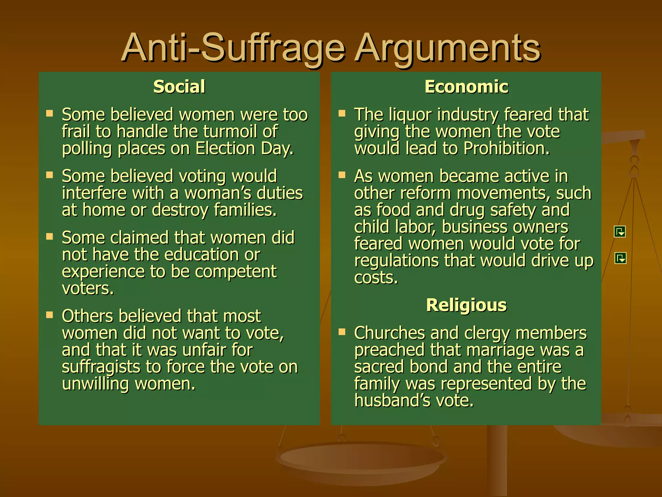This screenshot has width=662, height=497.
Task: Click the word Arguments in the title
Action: pos(447,49)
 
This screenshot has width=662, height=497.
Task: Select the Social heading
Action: pos(179,87)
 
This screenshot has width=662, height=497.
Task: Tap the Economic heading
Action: pos(466,87)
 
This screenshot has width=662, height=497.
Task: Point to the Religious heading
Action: pos(466,305)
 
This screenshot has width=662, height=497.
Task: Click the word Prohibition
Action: pos(506,149)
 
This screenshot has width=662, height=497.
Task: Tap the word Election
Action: pos(225,149)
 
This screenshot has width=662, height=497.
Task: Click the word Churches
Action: pos(390,333)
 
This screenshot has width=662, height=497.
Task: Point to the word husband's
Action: pos(392,401)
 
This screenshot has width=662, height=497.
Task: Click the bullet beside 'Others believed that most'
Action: pos(49,315)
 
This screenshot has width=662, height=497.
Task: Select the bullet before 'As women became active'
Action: pos(342,175)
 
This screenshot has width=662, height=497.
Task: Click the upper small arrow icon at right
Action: pos(620,232)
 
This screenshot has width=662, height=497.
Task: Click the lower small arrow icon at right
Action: pos(620,258)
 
